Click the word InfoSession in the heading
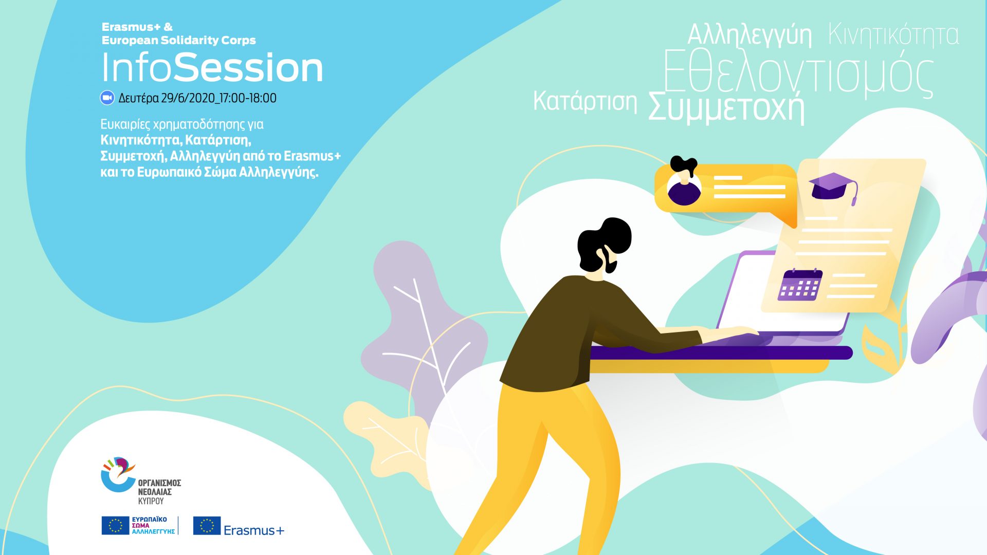pos(212,67)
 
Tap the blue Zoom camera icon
pos(107,98)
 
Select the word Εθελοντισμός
pos(798,75)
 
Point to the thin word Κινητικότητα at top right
pos(893,34)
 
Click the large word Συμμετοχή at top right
pos(726,107)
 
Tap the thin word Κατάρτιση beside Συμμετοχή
pos(585,101)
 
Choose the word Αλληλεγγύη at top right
pos(750,35)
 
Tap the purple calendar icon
pos(800,285)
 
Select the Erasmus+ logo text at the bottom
pos(254,530)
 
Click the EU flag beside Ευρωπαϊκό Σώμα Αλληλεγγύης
pos(115,526)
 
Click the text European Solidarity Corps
pos(179,40)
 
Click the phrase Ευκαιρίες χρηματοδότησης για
pos(182,124)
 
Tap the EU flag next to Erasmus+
pos(207,526)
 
